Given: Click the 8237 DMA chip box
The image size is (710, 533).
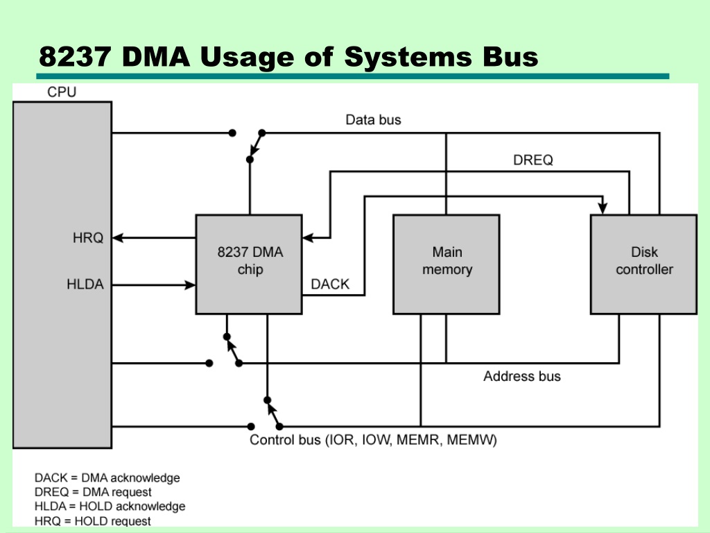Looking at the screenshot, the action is point(249,264).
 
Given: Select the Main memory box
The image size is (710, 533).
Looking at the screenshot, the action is point(447,264).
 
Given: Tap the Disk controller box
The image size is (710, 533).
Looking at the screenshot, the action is point(644,264).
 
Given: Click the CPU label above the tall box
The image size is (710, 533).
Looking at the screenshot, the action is point(62,92).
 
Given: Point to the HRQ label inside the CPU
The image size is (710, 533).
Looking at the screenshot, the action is point(88,237).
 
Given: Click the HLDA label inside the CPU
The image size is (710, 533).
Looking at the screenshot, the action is point(85,284).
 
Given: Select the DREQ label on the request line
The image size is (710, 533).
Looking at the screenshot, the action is point(533,160).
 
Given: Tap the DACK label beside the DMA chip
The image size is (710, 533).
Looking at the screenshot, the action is point(330,284).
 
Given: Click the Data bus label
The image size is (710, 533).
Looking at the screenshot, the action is point(373,119).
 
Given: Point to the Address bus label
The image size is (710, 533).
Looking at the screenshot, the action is point(521,376).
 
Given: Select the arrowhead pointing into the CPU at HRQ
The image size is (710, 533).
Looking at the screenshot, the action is point(118,237).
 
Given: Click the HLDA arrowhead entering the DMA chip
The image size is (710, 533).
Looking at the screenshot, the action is point(190,285).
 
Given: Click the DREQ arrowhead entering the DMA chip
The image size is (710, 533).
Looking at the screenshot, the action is point(308,237).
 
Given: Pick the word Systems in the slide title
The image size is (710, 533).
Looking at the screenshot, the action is point(408,57).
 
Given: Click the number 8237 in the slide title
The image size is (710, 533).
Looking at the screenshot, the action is point(75,57).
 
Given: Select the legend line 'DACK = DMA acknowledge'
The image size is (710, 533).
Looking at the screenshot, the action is point(107,477).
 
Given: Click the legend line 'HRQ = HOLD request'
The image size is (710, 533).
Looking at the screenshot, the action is point(92,521).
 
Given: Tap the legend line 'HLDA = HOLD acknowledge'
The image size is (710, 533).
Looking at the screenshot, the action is point(110,506).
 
